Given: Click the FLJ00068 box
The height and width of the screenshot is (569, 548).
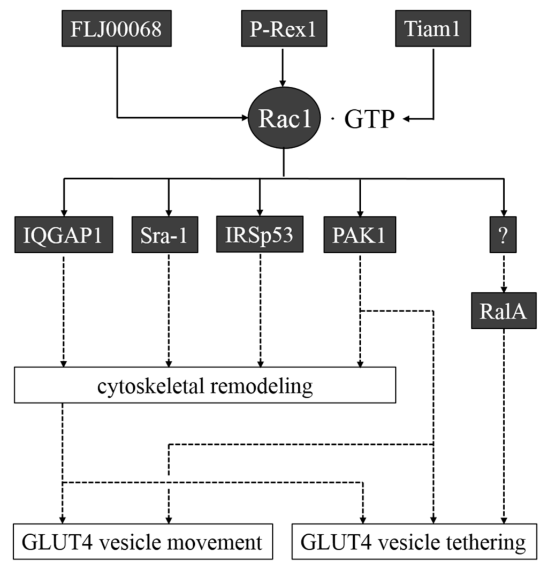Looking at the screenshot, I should [116, 28].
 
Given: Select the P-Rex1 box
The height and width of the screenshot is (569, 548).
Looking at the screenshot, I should [283, 28].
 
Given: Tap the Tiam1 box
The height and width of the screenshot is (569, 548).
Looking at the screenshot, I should [434, 28].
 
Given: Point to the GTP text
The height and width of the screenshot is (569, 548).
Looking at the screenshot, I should [369, 120].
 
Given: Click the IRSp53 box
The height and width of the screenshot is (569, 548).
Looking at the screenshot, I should [260, 234].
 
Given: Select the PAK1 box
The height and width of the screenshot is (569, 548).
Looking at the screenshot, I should [360, 234].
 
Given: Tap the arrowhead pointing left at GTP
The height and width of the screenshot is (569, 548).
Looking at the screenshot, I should [406, 120].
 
